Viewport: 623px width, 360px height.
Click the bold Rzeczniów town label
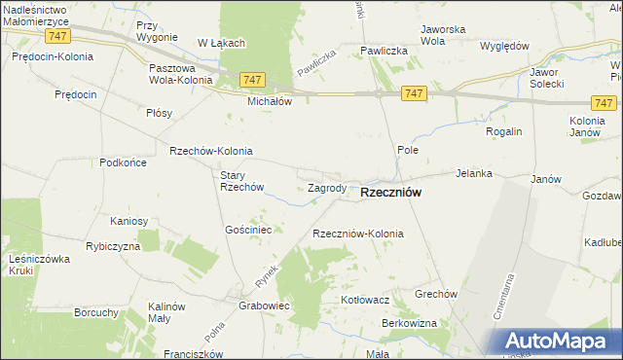390,193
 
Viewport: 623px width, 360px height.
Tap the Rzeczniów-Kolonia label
357,234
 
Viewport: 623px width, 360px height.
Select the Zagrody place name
327,188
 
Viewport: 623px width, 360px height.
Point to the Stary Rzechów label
242,181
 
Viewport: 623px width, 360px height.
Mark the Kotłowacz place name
365,300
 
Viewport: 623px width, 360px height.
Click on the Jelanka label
474,173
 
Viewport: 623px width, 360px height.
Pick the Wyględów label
504,46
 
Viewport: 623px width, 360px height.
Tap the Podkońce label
123,162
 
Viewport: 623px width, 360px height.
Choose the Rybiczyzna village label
113,246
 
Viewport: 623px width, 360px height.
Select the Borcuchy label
96,313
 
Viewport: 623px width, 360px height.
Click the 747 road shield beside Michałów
251,80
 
